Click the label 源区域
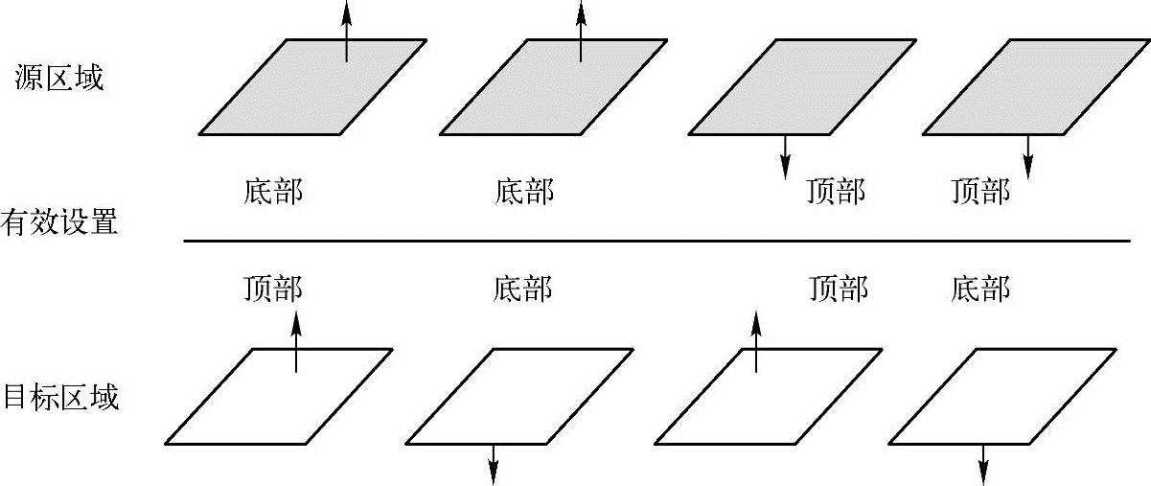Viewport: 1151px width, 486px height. tap(59, 78)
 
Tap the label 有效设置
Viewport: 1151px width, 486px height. tap(59, 223)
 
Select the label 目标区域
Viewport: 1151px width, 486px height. tap(61, 396)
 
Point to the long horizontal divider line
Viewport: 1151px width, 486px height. tap(656, 241)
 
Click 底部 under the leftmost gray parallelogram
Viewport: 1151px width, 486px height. tap(273, 192)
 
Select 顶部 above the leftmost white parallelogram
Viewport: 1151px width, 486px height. tap(273, 288)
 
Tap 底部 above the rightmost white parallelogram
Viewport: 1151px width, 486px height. tap(980, 288)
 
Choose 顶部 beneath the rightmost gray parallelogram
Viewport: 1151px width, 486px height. tap(980, 192)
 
